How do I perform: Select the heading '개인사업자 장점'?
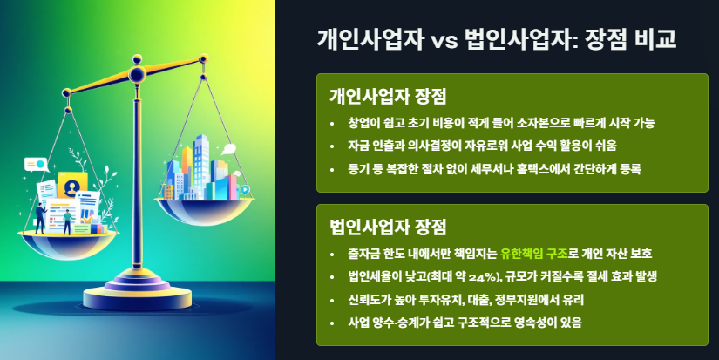pos(388,95)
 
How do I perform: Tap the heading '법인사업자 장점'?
pos(388,228)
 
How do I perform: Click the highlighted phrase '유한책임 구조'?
pos(533,254)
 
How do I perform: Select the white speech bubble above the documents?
pos(36,163)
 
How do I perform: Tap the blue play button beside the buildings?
pos(245,188)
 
